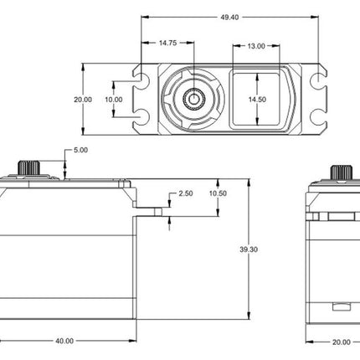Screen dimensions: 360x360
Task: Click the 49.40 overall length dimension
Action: pos(229,18)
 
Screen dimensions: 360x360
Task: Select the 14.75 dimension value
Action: pos(167,43)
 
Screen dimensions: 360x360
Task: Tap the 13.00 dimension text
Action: pos(256,46)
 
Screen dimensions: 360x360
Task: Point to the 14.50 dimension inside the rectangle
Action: pos(257,100)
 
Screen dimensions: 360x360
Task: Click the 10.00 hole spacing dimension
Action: pos(114,100)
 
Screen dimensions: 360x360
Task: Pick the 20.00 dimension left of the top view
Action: pos(83,100)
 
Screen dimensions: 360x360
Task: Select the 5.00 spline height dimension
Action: pos(80,150)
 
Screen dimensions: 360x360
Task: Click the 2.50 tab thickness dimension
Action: pos(186,193)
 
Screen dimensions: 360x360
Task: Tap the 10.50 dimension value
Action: pos(218,193)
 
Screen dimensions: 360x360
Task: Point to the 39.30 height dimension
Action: pos(249,249)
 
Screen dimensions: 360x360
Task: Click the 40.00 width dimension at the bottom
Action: pos(64,341)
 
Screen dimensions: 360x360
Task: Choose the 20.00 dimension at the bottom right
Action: pos(341,342)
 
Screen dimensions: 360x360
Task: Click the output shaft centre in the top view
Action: pos(193,99)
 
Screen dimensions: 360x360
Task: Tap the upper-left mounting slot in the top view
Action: pos(142,80)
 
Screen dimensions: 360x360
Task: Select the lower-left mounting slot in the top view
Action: pos(142,117)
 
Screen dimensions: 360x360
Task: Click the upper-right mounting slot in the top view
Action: pos(318,80)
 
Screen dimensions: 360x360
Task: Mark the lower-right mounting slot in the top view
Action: pos(318,117)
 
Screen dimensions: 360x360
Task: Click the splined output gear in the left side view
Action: pos(28,168)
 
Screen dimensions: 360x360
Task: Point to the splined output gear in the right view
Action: pos(342,173)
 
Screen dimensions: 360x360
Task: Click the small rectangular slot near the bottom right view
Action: pos(342,306)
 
